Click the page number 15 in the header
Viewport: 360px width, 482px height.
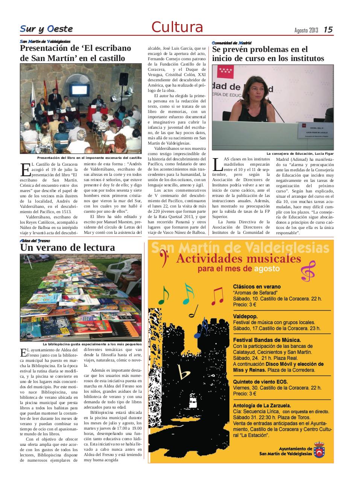pos(328,30)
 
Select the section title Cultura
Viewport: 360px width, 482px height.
pos(177,27)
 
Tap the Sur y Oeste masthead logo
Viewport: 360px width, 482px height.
pos(46,29)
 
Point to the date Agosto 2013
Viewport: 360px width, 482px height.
pos(306,30)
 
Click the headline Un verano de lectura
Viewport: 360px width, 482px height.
pos(67,247)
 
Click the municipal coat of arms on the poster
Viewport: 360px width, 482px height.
pos(321,450)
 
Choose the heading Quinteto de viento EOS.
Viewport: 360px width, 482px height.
pos(260,381)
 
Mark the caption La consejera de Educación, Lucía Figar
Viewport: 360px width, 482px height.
pos(300,154)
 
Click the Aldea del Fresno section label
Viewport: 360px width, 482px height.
pos(35,241)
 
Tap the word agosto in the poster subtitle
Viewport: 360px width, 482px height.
pos(267,269)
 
